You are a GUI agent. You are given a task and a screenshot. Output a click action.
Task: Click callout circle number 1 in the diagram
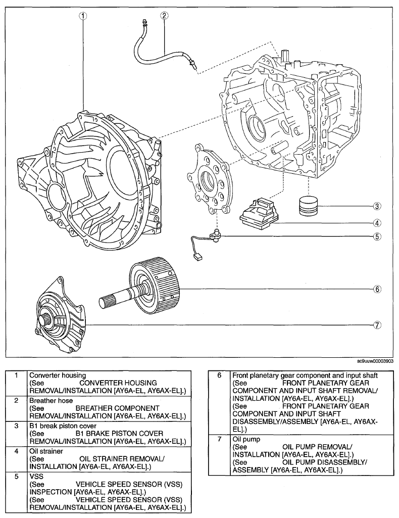point(83,15)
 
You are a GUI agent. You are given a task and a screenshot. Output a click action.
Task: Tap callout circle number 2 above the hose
point(164,15)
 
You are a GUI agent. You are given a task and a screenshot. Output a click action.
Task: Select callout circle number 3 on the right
point(377,206)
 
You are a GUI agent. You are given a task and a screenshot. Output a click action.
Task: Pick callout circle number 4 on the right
point(377,223)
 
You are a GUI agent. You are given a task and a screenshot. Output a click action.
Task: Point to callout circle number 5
point(377,237)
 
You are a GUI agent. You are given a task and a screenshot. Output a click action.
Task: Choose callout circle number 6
point(377,289)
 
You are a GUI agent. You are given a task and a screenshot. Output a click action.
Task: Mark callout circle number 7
point(377,325)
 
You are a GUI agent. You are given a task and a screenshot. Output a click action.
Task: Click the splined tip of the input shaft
point(106,301)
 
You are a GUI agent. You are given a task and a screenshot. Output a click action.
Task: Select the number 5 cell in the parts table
point(17,477)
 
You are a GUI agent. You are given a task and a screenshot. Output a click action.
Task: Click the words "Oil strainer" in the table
point(46,451)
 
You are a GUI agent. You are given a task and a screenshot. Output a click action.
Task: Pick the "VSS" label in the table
point(36,477)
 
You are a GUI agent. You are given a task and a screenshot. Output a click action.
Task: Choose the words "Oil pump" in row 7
point(246,439)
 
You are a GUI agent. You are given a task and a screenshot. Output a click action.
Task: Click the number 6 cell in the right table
point(220,375)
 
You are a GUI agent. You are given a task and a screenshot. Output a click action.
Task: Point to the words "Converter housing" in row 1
point(58,375)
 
